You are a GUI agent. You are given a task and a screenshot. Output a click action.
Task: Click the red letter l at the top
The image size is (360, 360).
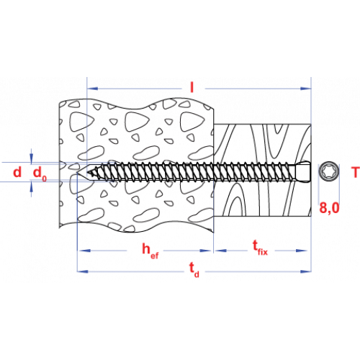click(192, 87)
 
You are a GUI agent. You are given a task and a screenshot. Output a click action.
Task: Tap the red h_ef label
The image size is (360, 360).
click(150, 251)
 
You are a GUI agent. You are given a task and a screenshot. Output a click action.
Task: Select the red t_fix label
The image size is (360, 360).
click(260, 248)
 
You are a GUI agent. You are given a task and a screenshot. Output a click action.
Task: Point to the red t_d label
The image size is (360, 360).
click(194, 269)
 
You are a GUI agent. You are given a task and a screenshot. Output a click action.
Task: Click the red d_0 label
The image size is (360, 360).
click(40, 174)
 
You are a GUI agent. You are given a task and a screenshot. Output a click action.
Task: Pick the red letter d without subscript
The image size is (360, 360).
click(17, 172)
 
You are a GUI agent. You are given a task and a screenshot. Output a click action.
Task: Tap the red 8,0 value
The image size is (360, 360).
click(329, 208)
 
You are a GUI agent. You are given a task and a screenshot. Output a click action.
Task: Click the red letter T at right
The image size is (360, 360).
click(356, 172)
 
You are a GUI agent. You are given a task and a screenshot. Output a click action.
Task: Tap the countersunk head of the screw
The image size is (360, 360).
click(303, 172)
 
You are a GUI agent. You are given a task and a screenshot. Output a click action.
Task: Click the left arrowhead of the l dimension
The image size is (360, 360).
click(93, 89)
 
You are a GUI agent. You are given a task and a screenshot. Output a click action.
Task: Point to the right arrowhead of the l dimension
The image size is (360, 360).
click(306, 89)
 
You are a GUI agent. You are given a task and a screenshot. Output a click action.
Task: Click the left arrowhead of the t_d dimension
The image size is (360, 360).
click(83, 271)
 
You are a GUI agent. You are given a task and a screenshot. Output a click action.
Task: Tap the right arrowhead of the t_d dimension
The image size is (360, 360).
click(306, 271)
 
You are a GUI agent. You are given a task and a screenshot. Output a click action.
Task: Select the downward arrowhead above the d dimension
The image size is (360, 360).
click(31, 158)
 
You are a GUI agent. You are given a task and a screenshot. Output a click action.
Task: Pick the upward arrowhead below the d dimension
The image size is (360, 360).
click(31, 187)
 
